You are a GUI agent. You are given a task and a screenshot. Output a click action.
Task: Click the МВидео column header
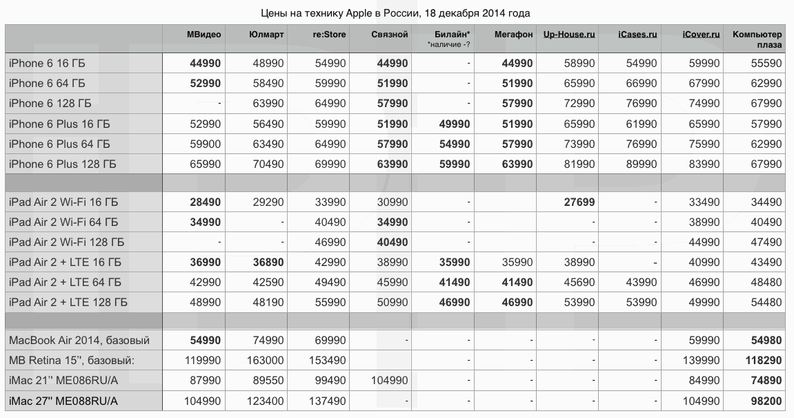click(204, 35)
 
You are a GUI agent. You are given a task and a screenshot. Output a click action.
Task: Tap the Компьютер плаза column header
click(757, 39)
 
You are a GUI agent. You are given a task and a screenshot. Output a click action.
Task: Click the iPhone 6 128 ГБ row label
click(50, 104)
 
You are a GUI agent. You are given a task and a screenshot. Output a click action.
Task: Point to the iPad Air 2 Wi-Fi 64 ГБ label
click(63, 222)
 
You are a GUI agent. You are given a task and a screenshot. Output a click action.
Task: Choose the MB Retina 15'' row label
click(71, 361)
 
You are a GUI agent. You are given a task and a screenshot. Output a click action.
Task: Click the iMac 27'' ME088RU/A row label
click(63, 401)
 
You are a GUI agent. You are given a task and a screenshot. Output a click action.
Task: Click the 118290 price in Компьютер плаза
click(764, 361)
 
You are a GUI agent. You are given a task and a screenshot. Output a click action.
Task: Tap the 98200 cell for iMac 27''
click(766, 401)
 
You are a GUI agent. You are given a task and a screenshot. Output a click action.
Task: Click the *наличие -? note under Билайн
click(449, 45)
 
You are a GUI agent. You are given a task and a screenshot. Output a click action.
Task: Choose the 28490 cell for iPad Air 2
click(206, 202)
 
